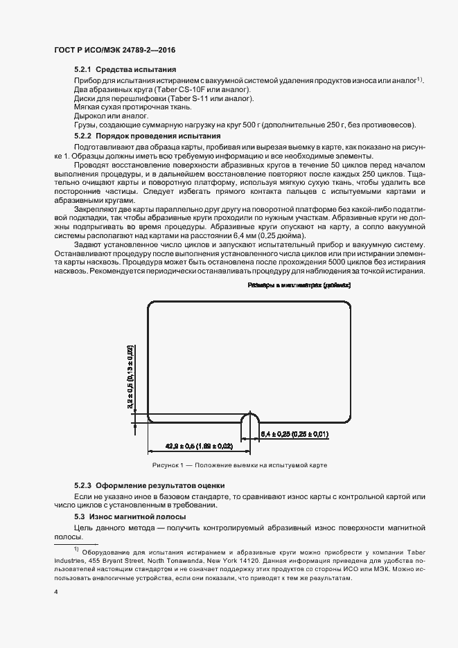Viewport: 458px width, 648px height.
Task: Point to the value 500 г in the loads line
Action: click(259, 125)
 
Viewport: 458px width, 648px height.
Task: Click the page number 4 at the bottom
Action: click(55, 593)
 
